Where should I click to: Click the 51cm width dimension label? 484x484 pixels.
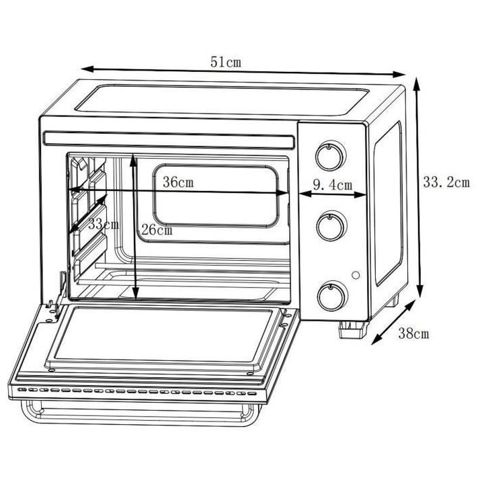(226, 62)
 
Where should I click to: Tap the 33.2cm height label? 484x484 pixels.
(446, 182)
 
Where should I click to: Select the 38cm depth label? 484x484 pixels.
(413, 333)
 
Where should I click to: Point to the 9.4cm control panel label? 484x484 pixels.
(333, 185)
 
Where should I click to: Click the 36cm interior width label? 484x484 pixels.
(178, 182)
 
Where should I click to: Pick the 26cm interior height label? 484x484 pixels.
(157, 230)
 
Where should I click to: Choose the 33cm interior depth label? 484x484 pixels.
(104, 225)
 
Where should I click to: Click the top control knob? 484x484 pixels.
(331, 156)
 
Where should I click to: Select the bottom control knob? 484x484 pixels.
(333, 296)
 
